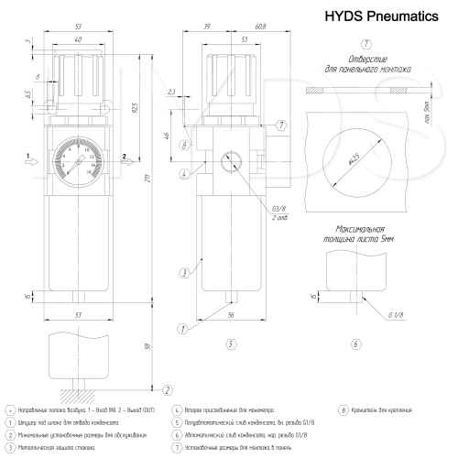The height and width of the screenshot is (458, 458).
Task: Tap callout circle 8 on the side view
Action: [x=185, y=145]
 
